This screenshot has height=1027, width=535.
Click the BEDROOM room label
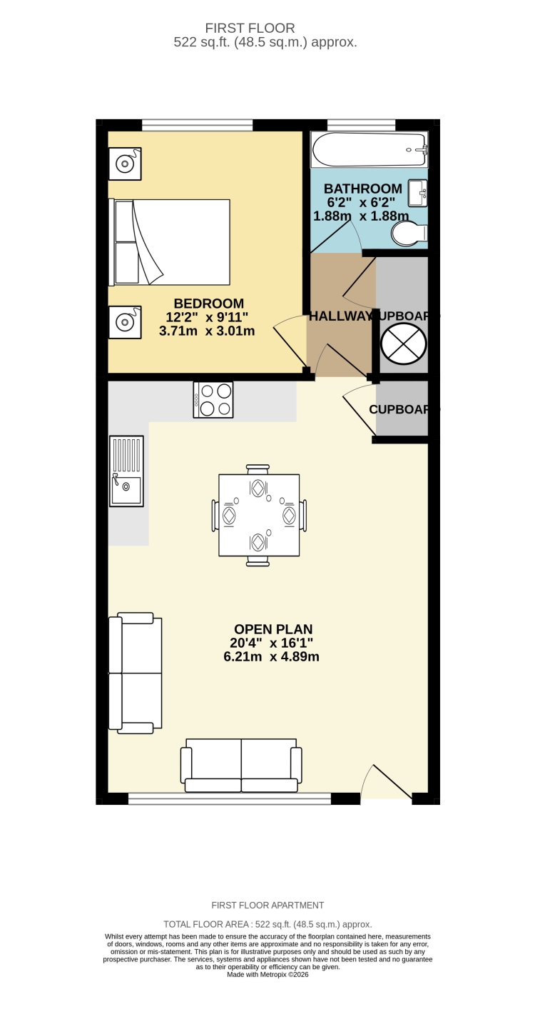pyautogui.click(x=208, y=304)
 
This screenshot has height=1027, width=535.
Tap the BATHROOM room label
pyautogui.click(x=362, y=189)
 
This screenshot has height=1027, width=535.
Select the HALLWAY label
pyautogui.click(x=341, y=316)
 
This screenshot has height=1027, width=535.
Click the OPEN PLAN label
pyautogui.click(x=273, y=629)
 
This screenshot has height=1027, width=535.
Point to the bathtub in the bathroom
pyautogui.click(x=368, y=149)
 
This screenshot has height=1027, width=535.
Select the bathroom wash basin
pyautogui.click(x=418, y=193)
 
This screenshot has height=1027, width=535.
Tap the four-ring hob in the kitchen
pyautogui.click(x=213, y=400)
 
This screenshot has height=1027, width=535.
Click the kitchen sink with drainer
pyautogui.click(x=126, y=471)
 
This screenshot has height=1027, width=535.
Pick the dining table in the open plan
pyautogui.click(x=259, y=515)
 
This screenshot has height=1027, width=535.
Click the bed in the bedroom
pyautogui.click(x=171, y=242)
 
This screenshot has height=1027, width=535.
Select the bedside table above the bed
pyautogui.click(x=125, y=164)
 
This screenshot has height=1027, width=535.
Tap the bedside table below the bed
pyautogui.click(x=125, y=322)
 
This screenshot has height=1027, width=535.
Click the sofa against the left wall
pyautogui.click(x=135, y=673)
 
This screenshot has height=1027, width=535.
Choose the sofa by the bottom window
pyautogui.click(x=241, y=765)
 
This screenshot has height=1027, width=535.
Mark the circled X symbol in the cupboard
pyautogui.click(x=404, y=344)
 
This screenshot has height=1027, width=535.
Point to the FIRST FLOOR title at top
pyautogui.click(x=250, y=29)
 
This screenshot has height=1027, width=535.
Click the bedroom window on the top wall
pyautogui.click(x=197, y=126)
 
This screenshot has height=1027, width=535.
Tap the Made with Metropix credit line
pyautogui.click(x=267, y=974)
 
